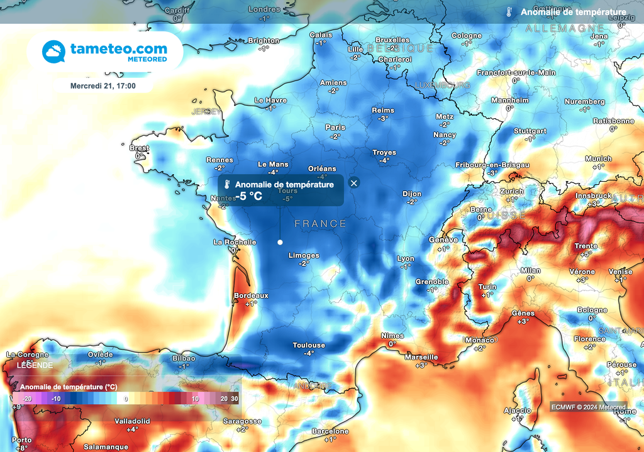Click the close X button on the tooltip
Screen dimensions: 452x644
pyautogui.click(x=354, y=183)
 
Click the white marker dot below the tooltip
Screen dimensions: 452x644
pyautogui.click(x=280, y=242)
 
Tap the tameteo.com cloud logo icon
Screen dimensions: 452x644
pyautogui.click(x=54, y=52)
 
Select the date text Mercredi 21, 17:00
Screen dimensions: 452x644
pyautogui.click(x=103, y=85)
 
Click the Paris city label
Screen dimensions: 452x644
pyautogui.click(x=335, y=128)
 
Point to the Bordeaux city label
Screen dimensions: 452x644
pyautogui.click(x=251, y=295)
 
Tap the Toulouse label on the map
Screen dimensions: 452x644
pyautogui.click(x=309, y=345)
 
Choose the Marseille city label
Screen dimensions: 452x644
pyautogui.click(x=421, y=357)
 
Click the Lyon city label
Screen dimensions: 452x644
pyautogui.click(x=406, y=259)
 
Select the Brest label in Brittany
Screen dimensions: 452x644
pyautogui.click(x=139, y=148)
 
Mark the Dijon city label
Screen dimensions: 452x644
pyautogui.click(x=412, y=194)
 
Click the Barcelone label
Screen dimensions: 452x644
pyautogui.click(x=331, y=431)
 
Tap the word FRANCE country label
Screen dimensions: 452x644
pyautogui.click(x=321, y=224)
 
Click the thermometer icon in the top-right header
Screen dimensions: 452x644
pyautogui.click(x=509, y=12)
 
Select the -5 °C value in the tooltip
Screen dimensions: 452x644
pyautogui.click(x=248, y=196)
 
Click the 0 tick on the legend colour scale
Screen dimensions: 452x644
pyautogui.click(x=126, y=399)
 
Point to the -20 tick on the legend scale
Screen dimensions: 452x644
pyautogui.click(x=27, y=399)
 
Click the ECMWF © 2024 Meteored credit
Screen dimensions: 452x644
pyautogui.click(x=588, y=407)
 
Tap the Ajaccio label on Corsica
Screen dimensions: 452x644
pyautogui.click(x=518, y=411)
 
